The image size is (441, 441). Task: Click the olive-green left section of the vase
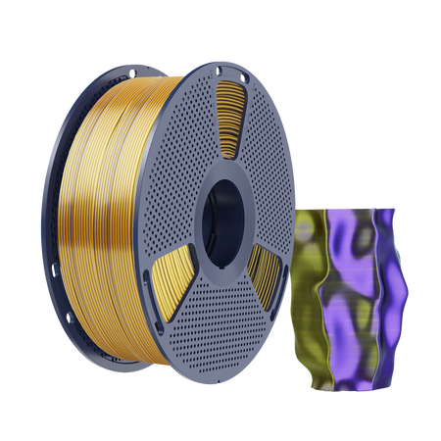[312, 294]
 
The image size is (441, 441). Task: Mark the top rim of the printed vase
[348, 210]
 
